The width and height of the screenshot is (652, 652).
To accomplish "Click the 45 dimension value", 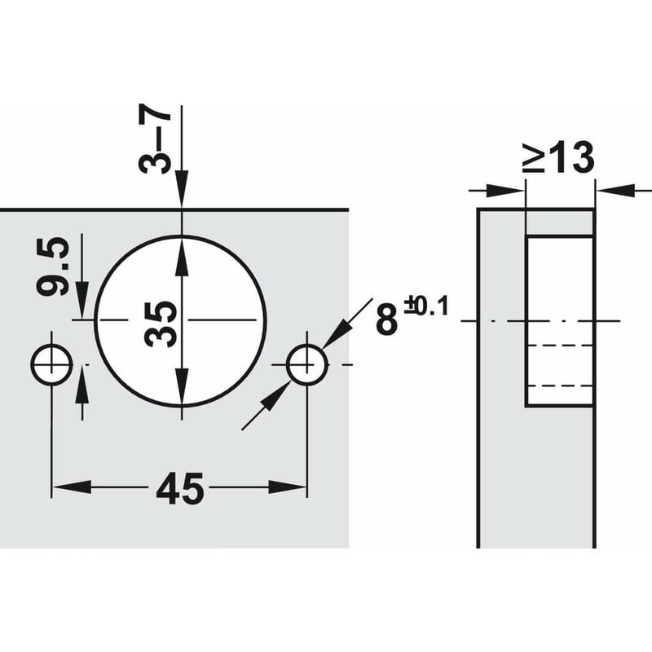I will pyautogui.click(x=181, y=490).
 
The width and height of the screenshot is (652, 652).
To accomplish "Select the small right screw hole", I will pyautogui.click(x=307, y=363).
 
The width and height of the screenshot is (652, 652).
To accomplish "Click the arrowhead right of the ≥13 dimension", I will pyautogui.click(x=608, y=190).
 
